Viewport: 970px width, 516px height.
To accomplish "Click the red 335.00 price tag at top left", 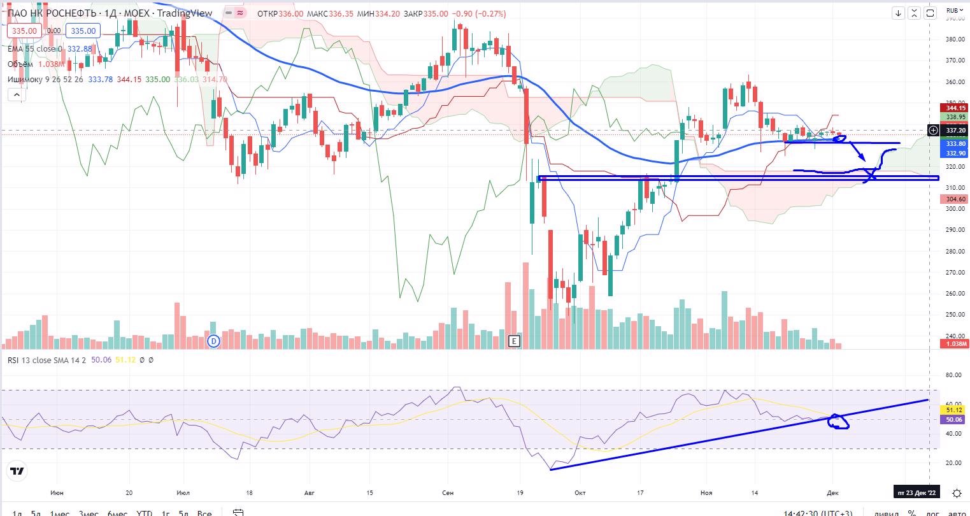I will click(x=24, y=31).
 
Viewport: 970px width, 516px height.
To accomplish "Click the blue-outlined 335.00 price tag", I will click(x=83, y=31).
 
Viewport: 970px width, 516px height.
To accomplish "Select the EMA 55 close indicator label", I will click(x=36, y=48).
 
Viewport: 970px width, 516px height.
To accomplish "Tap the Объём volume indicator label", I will click(x=22, y=64).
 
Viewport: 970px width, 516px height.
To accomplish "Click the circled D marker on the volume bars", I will click(x=214, y=341).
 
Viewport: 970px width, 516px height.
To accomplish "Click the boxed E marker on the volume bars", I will click(x=513, y=341).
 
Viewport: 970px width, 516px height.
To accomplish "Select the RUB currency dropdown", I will click(x=953, y=10).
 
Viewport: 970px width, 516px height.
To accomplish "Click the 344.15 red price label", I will click(x=956, y=108).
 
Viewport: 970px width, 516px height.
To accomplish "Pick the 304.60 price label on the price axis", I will click(x=956, y=199).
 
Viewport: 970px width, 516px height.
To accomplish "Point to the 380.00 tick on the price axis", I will click(x=954, y=39).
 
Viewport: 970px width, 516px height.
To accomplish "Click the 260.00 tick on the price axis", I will click(x=954, y=294).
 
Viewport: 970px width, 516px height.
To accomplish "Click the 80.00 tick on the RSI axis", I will click(x=953, y=375).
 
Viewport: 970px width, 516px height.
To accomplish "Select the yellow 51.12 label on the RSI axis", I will click(x=954, y=411).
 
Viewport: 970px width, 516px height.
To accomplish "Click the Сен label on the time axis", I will click(x=448, y=493).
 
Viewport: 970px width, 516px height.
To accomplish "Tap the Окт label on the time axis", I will click(x=580, y=493).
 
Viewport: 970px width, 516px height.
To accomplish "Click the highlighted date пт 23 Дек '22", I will click(x=917, y=493).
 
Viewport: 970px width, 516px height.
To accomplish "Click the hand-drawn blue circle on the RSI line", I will click(x=839, y=422).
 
